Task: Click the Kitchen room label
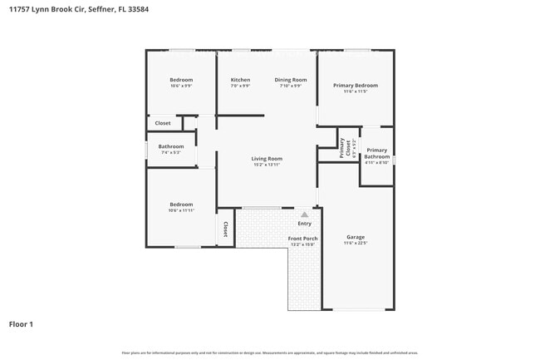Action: coord(240,80)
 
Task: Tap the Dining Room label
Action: coord(291,80)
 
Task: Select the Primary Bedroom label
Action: coord(356,85)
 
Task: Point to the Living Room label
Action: coord(268,158)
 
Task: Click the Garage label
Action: coord(356,238)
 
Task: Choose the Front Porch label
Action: coord(302,239)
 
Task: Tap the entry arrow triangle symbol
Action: coord(304,215)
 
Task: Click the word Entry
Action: coord(304,223)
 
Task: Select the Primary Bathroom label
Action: coord(376,153)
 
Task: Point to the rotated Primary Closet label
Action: coord(342,148)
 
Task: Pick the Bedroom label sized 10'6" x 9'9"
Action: coord(181,80)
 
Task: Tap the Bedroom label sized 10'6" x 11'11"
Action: coord(181,205)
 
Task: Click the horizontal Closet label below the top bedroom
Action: coord(163,123)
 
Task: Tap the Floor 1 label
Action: coord(21,323)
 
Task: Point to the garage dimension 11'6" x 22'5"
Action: coord(356,244)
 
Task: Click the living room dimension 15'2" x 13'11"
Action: coord(268,164)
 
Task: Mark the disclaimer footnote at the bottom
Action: coord(269,353)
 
